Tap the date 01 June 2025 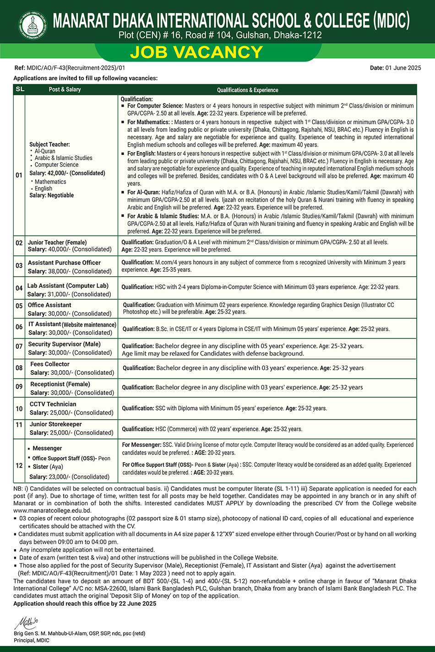[x=403, y=68]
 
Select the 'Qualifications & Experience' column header [x=248, y=90]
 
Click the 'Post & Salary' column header [x=65, y=90]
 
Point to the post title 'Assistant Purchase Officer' [x=64, y=263]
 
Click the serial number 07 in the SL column [x=19, y=346]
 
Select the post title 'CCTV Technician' [x=53, y=404]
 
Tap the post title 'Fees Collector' [x=50, y=364]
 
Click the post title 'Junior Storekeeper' [x=56, y=424]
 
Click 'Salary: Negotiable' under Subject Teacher [x=52, y=195]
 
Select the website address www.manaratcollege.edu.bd [x=52, y=510]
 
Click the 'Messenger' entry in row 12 [x=47, y=448]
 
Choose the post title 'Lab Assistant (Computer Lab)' [x=68, y=285]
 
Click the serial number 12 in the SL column [x=19, y=466]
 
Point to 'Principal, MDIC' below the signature [x=32, y=640]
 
